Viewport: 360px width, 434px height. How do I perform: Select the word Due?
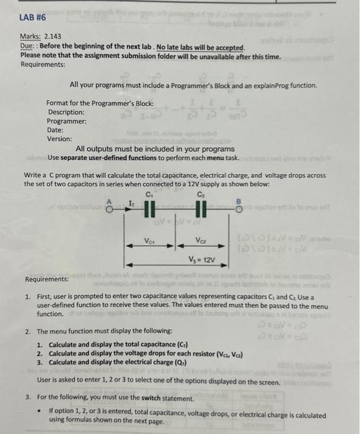(27, 47)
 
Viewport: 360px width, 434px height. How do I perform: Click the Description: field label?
(66, 112)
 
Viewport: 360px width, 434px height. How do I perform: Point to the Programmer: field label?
(67, 121)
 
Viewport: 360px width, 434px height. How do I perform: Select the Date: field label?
(55, 130)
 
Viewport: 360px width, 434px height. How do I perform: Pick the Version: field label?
(59, 139)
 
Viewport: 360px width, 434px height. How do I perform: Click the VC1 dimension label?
(150, 242)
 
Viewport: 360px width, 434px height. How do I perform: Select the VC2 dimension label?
(201, 242)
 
